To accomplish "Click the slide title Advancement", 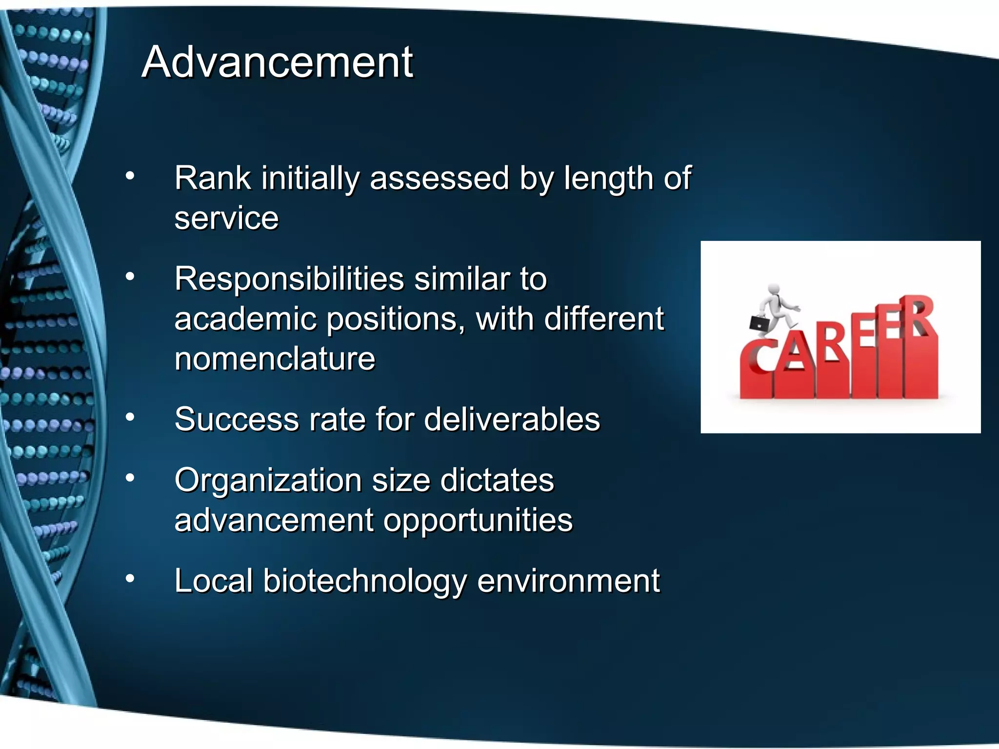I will [x=277, y=62].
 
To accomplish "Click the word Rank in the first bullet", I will [x=212, y=178].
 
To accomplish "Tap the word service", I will [x=226, y=218].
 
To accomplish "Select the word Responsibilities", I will [x=289, y=279].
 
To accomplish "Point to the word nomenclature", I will [x=275, y=359].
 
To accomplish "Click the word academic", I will [x=245, y=319].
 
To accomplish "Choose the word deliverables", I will [x=512, y=419].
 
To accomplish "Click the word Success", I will [x=237, y=419].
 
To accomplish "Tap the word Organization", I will [x=268, y=481].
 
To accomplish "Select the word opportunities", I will [x=478, y=520].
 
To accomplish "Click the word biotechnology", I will [x=364, y=581].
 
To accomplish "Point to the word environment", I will [x=568, y=581].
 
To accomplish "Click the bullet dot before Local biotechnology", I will [x=130, y=579].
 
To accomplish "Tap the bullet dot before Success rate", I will [x=130, y=417].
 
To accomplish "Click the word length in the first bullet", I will [x=608, y=178].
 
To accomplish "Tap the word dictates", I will [x=497, y=481].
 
